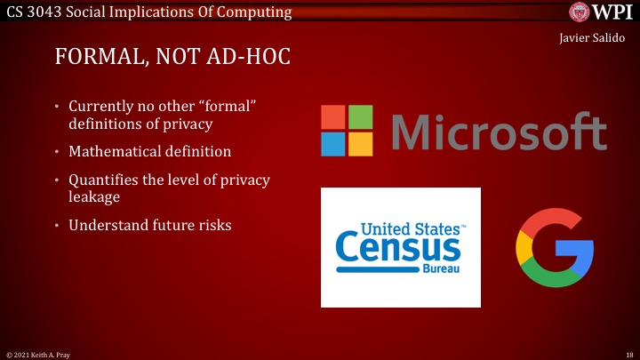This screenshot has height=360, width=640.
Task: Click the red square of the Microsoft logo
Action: click(x=333, y=117)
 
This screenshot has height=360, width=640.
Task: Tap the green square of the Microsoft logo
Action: click(x=360, y=117)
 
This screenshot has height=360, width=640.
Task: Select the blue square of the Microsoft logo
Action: click(x=333, y=144)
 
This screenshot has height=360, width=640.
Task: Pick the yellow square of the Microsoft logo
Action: click(x=360, y=144)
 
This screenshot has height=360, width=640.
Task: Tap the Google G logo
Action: click(x=555, y=248)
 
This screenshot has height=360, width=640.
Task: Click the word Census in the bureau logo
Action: click(x=397, y=249)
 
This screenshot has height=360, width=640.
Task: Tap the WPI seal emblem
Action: click(x=581, y=12)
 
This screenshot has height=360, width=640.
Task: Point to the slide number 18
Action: click(x=630, y=353)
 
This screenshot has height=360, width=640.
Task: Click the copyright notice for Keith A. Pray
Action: click(x=35, y=353)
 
